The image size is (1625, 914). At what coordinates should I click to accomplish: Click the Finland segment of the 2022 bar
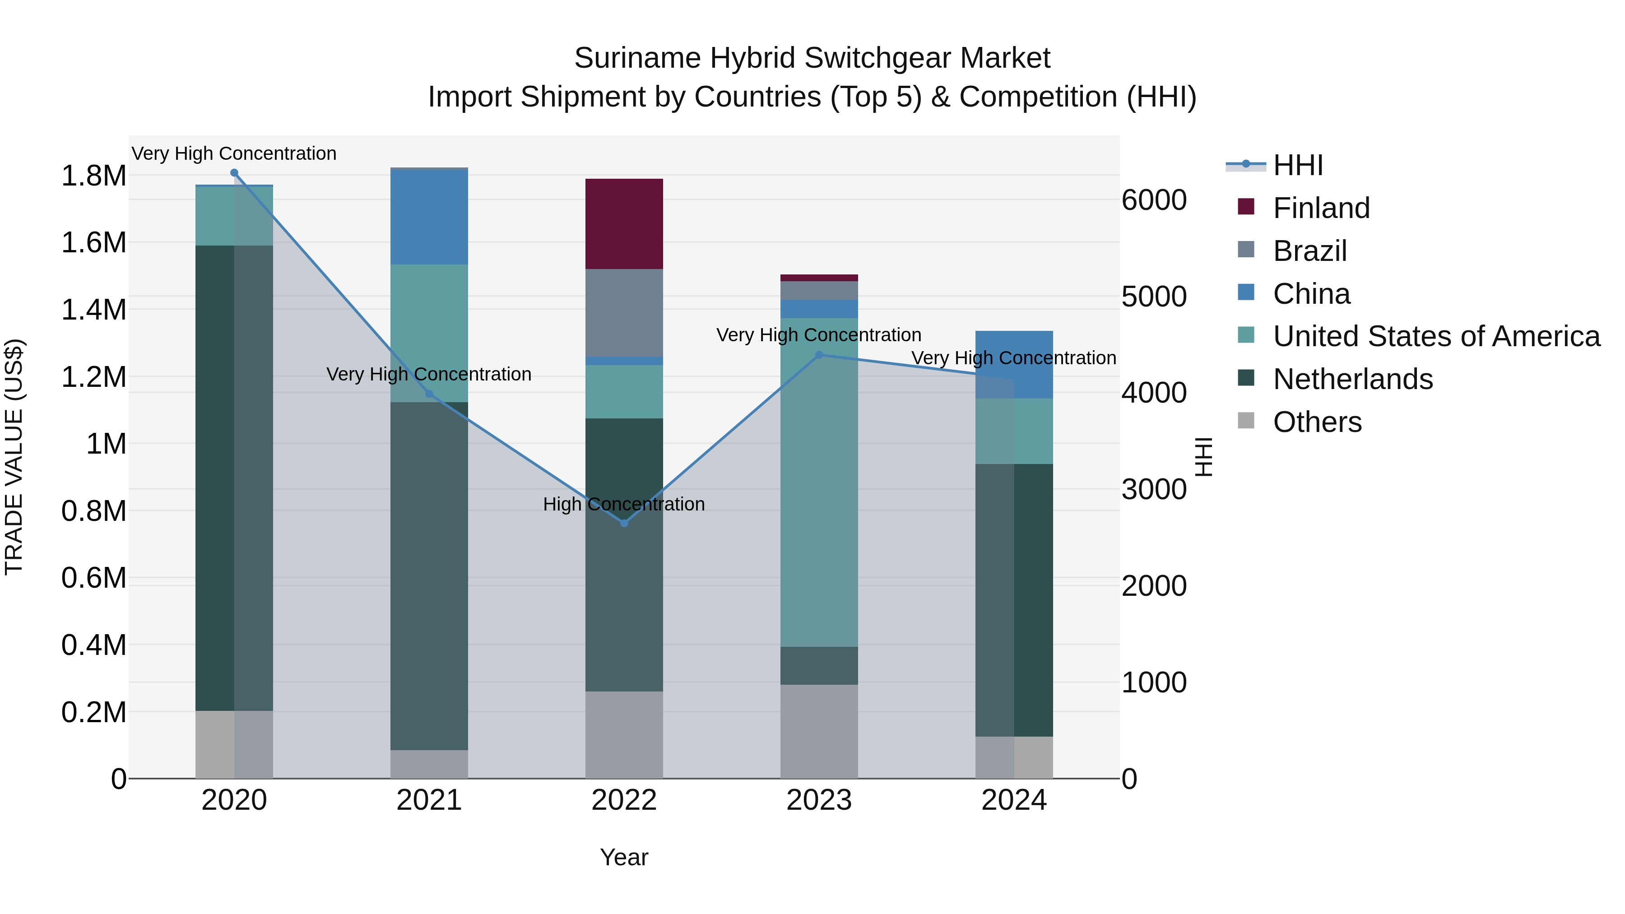(x=624, y=224)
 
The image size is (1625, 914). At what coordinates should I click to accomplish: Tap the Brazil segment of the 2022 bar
(x=624, y=312)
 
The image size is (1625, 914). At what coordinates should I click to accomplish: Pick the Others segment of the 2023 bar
(x=819, y=731)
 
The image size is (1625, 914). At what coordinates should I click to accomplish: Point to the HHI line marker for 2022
(x=624, y=523)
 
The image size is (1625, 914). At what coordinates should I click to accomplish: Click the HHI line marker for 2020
(x=234, y=173)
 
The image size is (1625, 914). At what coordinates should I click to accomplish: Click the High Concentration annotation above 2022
(x=624, y=504)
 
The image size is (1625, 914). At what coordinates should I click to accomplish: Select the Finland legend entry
(x=1321, y=208)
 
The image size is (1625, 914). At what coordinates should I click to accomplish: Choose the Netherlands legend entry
(x=1352, y=379)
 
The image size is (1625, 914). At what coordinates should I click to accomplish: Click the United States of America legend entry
(x=1436, y=336)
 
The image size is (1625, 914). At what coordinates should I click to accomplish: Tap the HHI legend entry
(x=1298, y=165)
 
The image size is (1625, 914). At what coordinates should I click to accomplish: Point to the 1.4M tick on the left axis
(x=94, y=310)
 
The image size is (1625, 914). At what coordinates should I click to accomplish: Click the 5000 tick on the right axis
(x=1154, y=297)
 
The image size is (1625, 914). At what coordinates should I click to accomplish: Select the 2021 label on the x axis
(x=429, y=800)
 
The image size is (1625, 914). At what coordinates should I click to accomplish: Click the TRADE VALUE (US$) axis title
(x=14, y=457)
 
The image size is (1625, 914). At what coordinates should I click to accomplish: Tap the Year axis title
(x=624, y=857)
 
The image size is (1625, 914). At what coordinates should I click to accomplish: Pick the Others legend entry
(x=1317, y=422)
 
